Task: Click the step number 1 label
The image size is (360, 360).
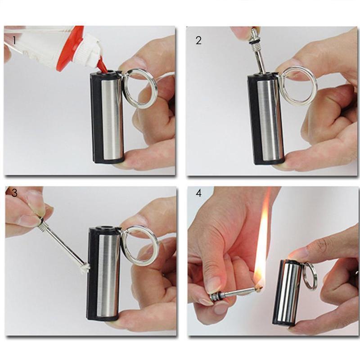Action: [x=14, y=40]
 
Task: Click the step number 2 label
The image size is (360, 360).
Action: [x=198, y=40]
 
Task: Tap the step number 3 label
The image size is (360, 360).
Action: [x=14, y=193]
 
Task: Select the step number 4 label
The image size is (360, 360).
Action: [x=198, y=193]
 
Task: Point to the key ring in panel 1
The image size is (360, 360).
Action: [x=139, y=89]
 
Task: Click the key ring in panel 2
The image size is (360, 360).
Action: [x=299, y=86]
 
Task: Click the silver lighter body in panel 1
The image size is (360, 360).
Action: [x=111, y=117]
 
